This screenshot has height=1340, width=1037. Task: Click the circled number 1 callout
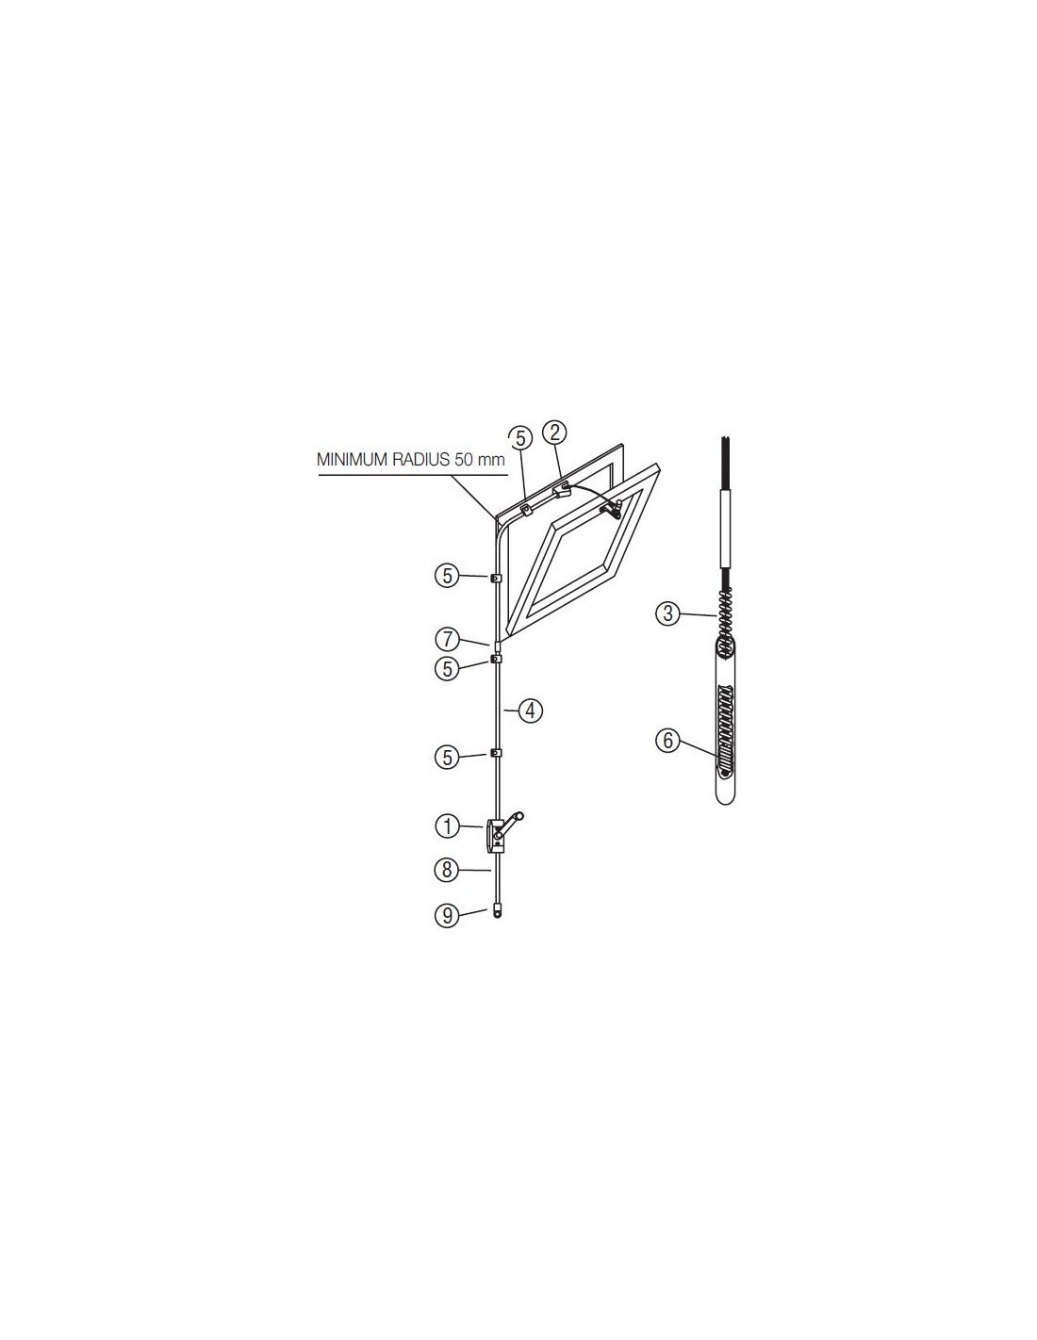447,827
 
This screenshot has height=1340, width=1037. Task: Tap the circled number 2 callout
554,433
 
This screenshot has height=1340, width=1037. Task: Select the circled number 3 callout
667,613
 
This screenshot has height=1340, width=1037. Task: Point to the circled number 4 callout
530,711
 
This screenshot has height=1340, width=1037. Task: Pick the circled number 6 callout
667,740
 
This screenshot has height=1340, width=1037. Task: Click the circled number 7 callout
447,640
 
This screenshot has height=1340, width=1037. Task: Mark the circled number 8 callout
447,870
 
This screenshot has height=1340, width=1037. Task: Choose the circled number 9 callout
447,915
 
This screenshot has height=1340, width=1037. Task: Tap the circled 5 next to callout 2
520,438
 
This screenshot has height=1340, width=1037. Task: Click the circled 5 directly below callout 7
447,669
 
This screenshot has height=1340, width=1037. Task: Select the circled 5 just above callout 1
447,758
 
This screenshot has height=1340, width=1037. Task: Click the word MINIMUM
353,460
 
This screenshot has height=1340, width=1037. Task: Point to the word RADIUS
421,460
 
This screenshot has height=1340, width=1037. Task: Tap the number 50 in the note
464,460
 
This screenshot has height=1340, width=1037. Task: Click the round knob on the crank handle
520,816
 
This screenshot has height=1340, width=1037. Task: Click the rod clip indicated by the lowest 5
495,753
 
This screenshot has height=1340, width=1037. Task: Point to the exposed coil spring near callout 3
726,613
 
